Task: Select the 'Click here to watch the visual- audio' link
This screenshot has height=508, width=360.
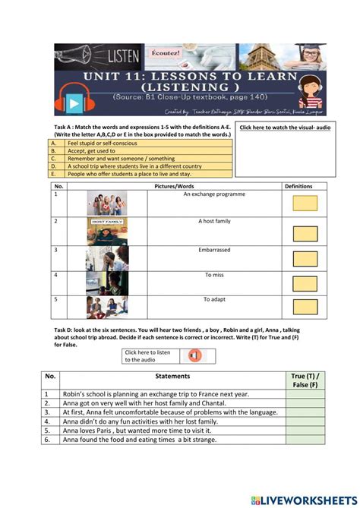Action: tap(285, 128)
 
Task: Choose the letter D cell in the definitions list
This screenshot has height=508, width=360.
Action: tap(55, 166)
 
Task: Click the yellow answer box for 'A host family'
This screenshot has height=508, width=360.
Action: tap(305, 233)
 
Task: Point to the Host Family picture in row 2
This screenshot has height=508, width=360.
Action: tap(106, 231)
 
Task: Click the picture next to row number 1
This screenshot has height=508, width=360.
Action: tap(106, 203)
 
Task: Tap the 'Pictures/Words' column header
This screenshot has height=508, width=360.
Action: tap(174, 185)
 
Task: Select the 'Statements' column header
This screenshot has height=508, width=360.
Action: tap(172, 376)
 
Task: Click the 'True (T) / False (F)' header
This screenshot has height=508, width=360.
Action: tap(305, 380)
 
